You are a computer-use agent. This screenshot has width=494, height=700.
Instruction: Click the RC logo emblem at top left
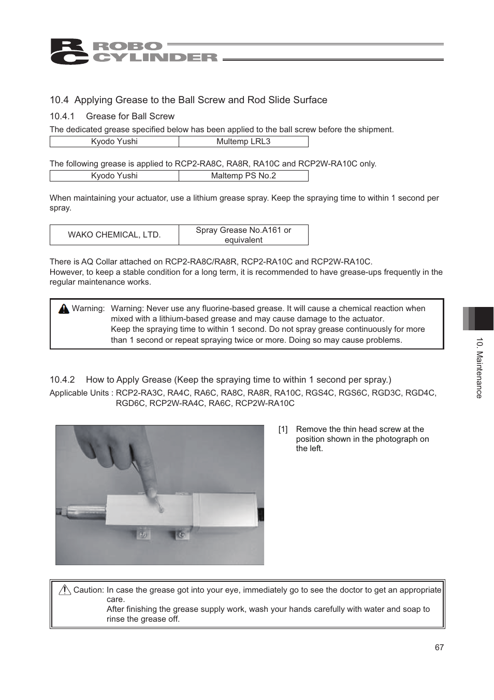(69, 52)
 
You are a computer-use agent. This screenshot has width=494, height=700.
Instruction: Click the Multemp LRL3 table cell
(243, 142)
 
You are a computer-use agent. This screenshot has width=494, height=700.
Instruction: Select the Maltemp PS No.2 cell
(243, 176)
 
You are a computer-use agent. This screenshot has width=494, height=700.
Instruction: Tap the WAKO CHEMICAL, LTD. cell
(114, 235)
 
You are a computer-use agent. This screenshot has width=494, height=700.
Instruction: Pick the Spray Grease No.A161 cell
(243, 235)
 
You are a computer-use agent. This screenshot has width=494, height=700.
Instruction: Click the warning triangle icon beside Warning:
(64, 309)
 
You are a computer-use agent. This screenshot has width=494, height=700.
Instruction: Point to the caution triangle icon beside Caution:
(65, 590)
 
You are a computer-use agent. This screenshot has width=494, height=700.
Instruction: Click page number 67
(439, 648)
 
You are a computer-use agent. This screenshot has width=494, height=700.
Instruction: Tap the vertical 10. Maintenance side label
(480, 368)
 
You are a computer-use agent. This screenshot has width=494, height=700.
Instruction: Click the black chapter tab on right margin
(484, 318)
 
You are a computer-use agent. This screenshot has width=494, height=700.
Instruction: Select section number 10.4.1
(62, 117)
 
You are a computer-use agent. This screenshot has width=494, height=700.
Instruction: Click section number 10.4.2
(62, 380)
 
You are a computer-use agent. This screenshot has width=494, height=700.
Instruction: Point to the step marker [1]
(283, 429)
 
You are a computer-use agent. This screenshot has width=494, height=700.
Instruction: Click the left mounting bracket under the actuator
(142, 533)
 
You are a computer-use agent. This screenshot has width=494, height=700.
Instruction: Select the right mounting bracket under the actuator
(181, 534)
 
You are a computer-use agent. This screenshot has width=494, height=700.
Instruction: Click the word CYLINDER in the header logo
(155, 58)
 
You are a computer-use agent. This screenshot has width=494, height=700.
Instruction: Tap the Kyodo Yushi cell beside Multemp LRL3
(114, 142)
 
